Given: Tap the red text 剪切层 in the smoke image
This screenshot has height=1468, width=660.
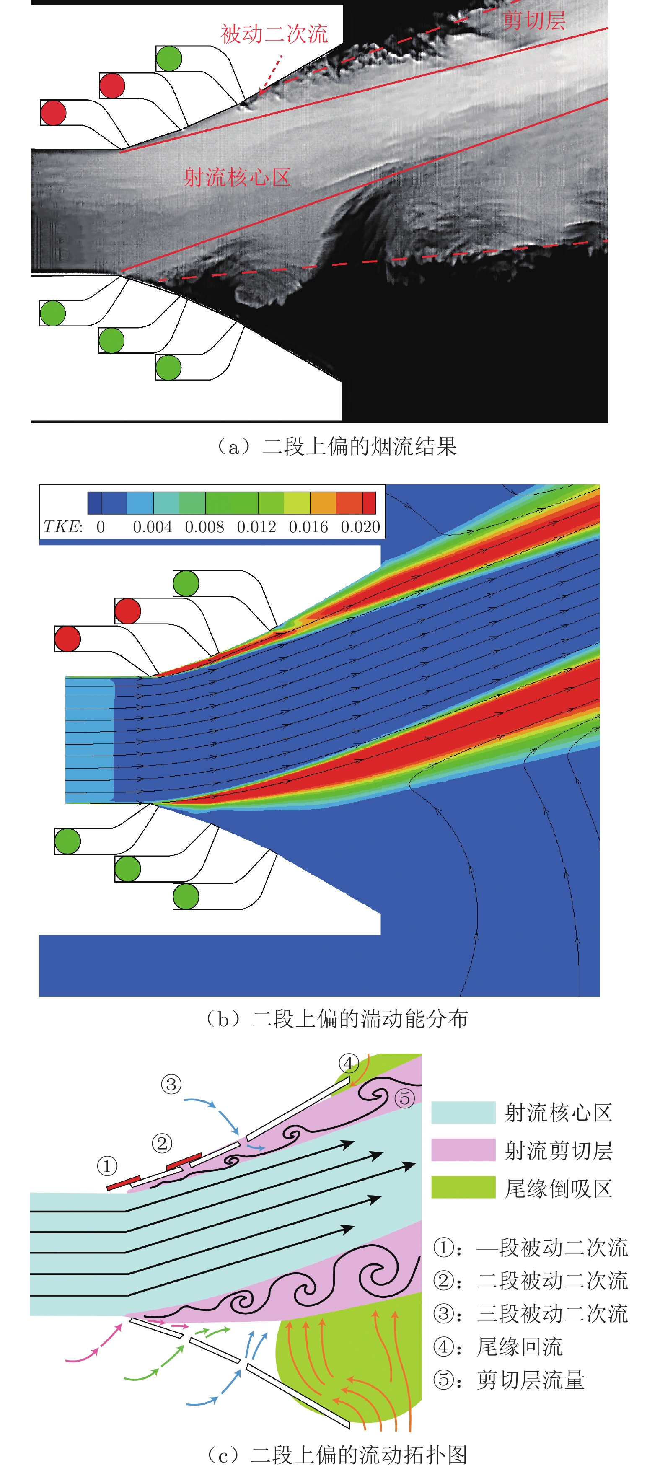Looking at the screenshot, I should point(534,21).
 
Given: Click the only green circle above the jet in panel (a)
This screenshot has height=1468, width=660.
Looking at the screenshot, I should point(169,58).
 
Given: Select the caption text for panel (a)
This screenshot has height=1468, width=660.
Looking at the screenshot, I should point(336,446).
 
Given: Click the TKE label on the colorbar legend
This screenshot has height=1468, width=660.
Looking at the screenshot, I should point(63,527).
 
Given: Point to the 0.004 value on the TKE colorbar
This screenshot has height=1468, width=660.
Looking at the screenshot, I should point(152,527).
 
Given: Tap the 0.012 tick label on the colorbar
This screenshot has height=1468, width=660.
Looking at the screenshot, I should point(256,527).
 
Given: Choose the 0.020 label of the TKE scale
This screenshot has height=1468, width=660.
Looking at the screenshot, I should point(360,527).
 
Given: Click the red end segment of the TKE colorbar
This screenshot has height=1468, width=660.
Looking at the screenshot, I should point(369,502).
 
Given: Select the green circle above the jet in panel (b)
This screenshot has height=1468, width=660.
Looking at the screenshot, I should point(186,583).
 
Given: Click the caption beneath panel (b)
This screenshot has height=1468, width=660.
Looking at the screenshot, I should point(336,1018).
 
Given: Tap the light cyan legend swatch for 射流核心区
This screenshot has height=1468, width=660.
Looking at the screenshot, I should point(463,1112).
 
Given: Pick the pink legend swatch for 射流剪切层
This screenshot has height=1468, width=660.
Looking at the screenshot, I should point(463,1150).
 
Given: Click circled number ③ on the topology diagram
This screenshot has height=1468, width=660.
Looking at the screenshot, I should point(171,1083).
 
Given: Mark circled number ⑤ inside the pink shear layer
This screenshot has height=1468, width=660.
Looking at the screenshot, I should point(404,1098).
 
